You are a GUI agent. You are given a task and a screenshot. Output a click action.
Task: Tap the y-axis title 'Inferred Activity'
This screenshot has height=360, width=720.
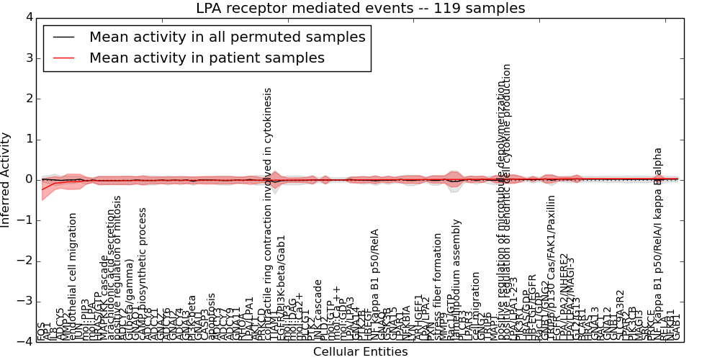tap(6, 179)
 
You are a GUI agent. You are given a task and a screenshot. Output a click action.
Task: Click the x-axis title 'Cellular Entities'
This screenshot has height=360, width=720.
tap(360, 352)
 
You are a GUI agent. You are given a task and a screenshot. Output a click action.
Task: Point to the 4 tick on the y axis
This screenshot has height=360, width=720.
tap(27, 17)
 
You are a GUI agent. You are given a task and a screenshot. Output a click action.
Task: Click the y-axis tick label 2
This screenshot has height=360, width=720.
tap(27, 99)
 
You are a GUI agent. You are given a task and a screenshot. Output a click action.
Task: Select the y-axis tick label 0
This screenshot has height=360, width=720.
tap(27, 179)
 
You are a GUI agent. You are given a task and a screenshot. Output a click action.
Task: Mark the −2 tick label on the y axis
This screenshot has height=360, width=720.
tap(24, 261)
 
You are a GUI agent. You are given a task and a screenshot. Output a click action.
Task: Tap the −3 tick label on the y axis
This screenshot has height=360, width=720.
tap(24, 301)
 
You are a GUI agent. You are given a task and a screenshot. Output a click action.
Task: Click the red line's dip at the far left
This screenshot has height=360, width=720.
tap(42, 189)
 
